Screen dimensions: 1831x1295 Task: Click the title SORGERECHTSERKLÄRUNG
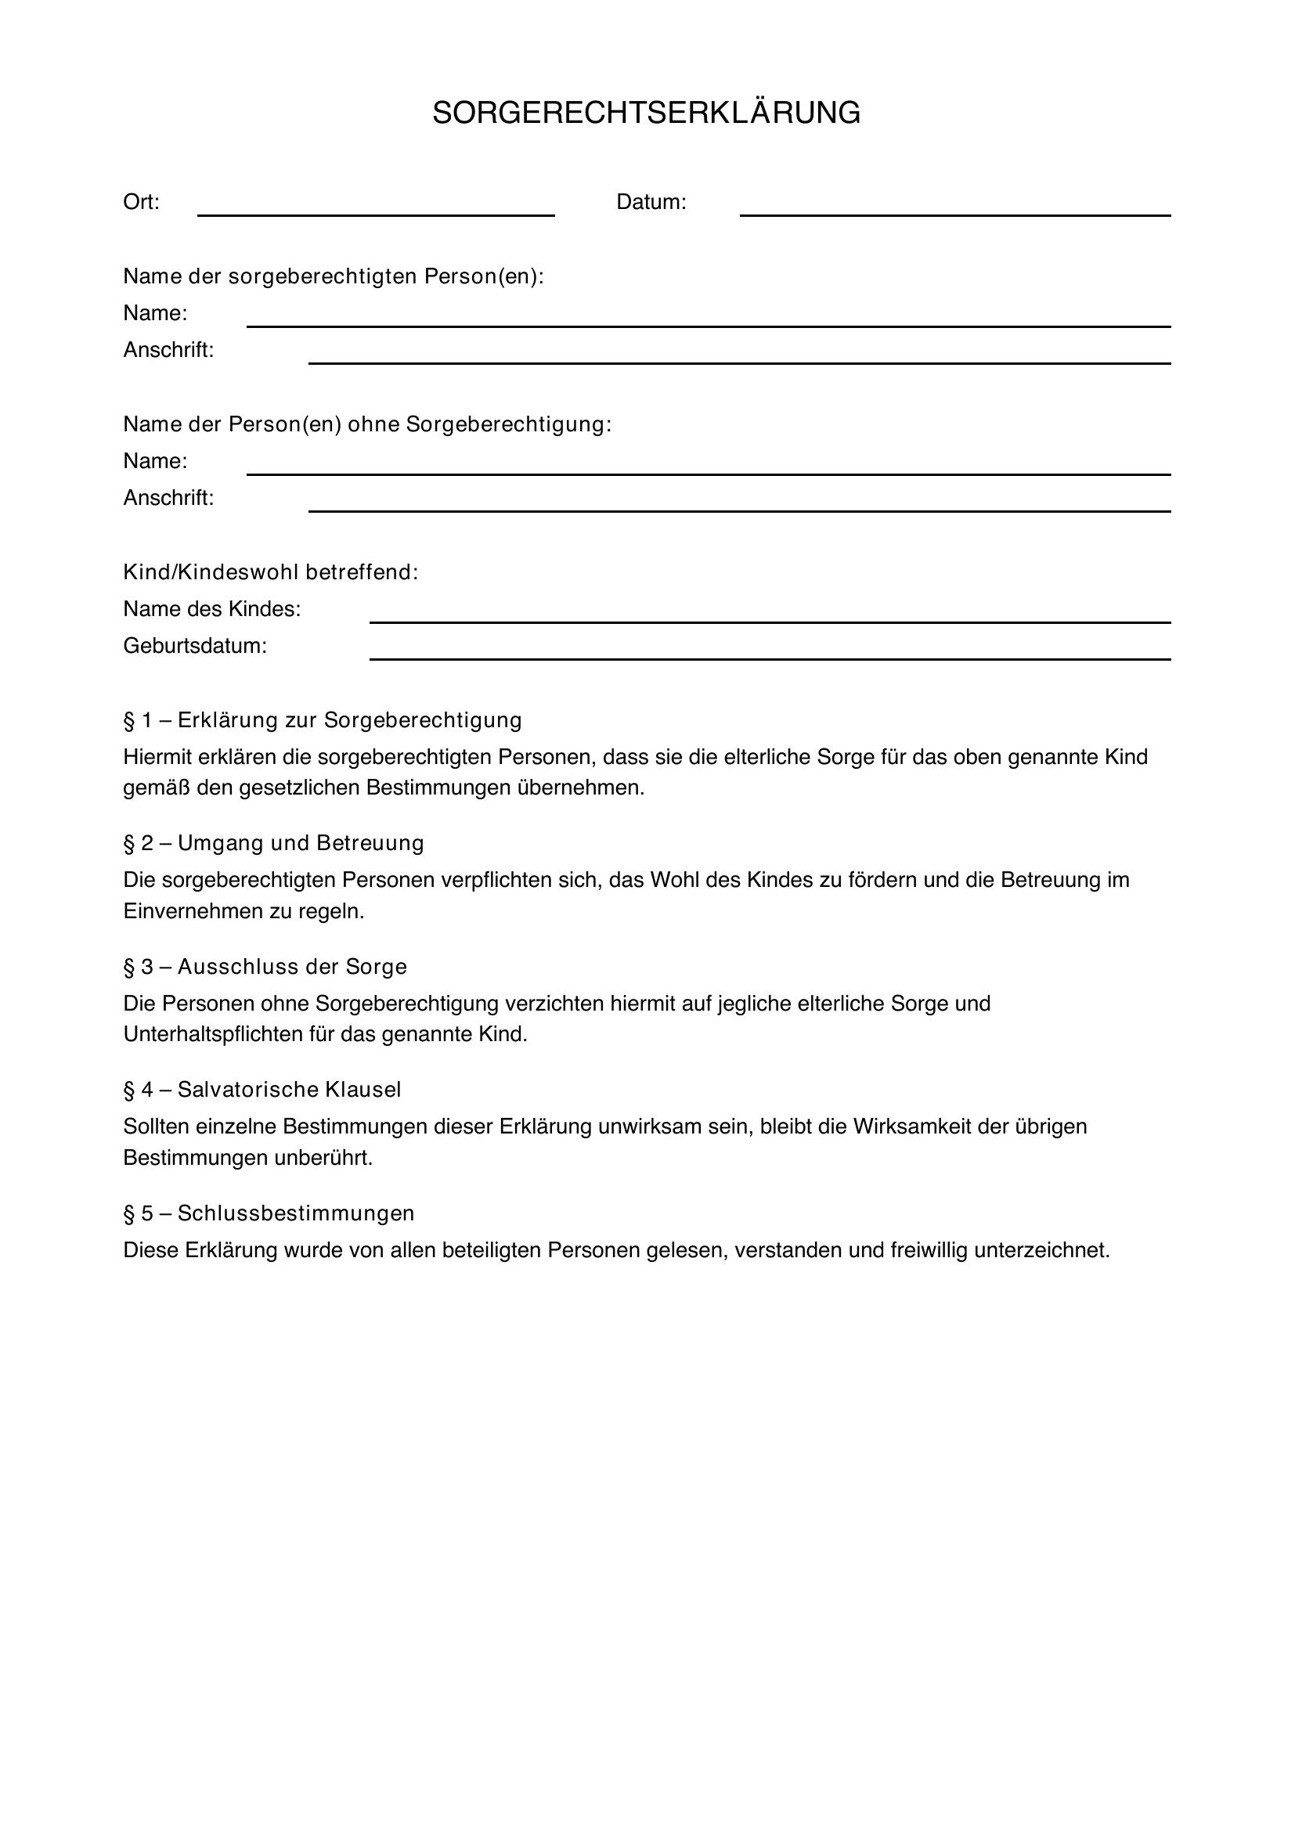(646, 114)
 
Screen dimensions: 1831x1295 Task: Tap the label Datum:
(651, 203)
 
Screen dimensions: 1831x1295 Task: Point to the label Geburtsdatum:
(195, 646)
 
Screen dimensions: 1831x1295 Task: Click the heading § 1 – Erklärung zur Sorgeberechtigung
(322, 720)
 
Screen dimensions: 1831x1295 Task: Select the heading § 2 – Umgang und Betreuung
(273, 843)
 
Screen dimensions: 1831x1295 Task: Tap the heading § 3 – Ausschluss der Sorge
(265, 967)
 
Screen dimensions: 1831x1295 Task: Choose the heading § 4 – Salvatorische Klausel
(262, 1090)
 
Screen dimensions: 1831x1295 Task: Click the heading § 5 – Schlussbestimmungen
(269, 1213)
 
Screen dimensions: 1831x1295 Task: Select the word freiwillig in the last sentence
(929, 1249)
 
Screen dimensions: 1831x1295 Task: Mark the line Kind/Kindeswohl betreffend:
(270, 571)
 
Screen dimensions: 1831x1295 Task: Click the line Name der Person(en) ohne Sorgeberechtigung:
(366, 424)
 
